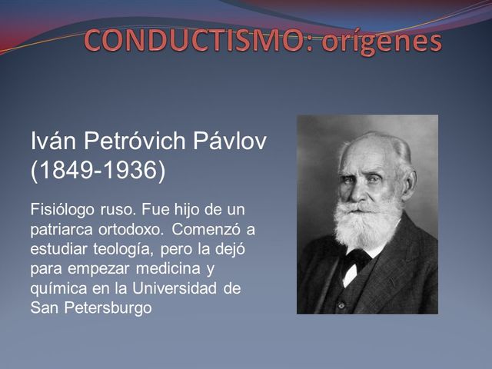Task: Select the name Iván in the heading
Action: (53, 141)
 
